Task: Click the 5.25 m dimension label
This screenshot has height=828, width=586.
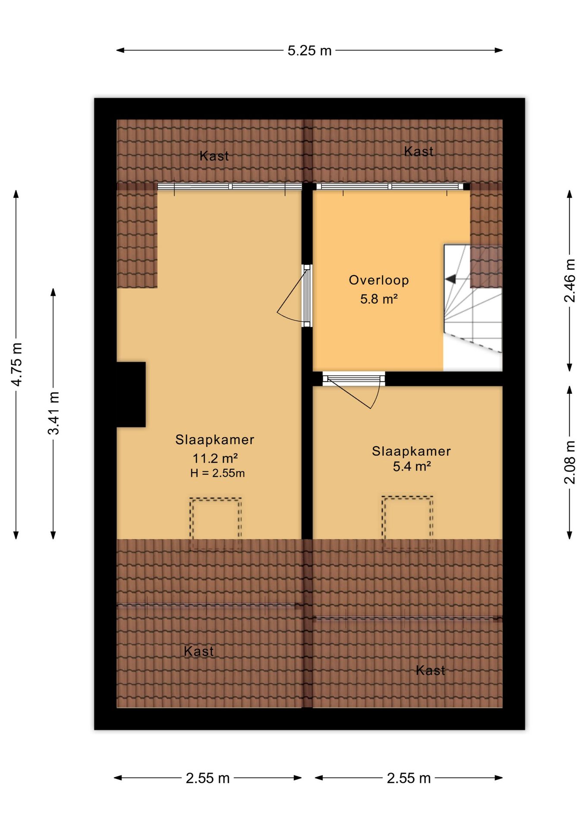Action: (x=309, y=51)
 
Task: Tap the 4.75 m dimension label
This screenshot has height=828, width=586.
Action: (x=16, y=364)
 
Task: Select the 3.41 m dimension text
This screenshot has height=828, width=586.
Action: (x=54, y=413)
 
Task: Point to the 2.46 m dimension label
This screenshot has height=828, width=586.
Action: (x=570, y=281)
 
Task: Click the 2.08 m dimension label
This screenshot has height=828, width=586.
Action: (x=570, y=462)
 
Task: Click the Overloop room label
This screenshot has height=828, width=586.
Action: (x=379, y=280)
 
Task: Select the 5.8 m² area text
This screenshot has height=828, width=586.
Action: (x=379, y=299)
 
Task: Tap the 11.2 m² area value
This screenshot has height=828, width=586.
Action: (x=215, y=458)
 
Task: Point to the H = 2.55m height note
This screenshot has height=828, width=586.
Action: (x=217, y=473)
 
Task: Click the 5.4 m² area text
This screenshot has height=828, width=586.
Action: (x=412, y=466)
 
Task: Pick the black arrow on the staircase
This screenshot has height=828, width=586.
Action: (x=450, y=279)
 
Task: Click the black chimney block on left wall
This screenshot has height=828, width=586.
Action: (x=131, y=395)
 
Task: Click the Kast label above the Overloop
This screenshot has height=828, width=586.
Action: (x=419, y=151)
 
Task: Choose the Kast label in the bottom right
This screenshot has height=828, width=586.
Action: (x=430, y=670)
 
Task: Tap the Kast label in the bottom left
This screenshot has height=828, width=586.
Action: (x=198, y=651)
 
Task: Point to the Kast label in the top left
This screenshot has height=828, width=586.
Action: (x=214, y=156)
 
